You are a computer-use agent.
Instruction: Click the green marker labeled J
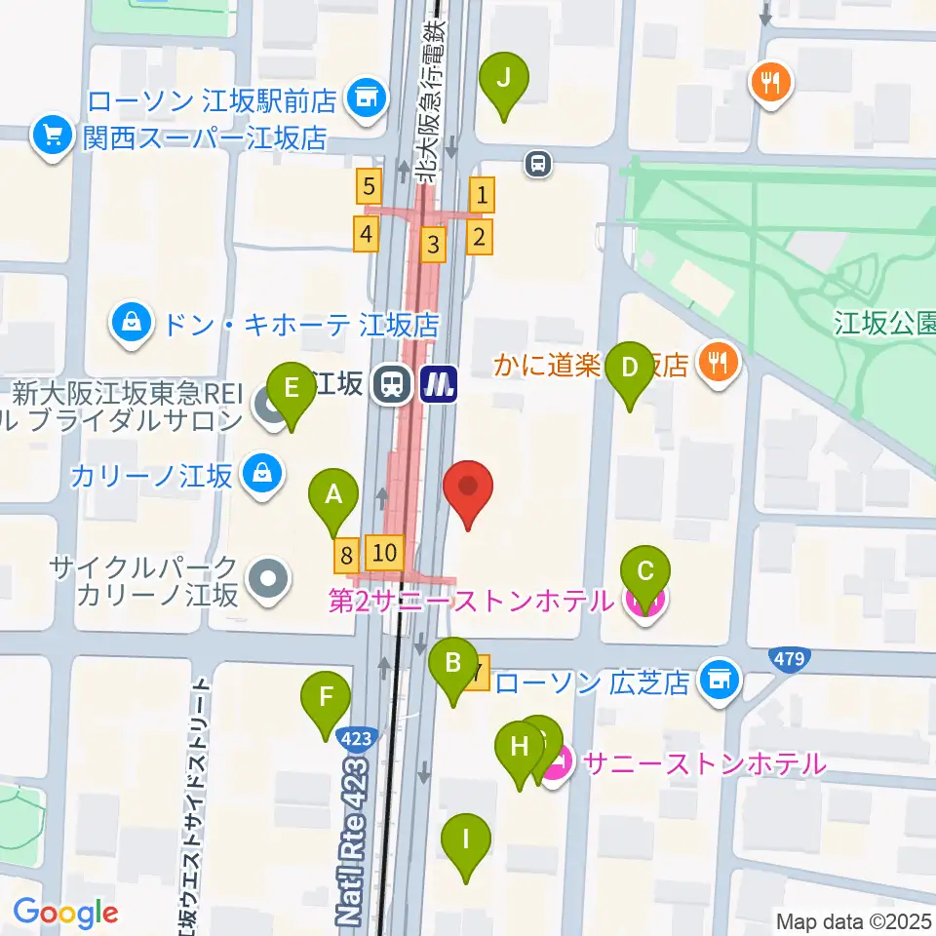click(504, 79)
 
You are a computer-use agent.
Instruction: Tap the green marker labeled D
click(630, 369)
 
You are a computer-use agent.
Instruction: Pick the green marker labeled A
click(333, 495)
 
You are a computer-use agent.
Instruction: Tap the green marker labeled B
click(453, 666)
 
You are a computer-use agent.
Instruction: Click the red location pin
click(468, 487)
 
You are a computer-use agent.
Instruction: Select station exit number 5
click(368, 184)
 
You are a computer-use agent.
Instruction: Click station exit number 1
click(482, 197)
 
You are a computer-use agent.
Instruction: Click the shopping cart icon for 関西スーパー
click(52, 136)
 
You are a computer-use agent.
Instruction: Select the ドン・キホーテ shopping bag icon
click(130, 323)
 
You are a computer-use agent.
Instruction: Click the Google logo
click(65, 913)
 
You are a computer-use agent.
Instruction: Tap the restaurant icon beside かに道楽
click(719, 365)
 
